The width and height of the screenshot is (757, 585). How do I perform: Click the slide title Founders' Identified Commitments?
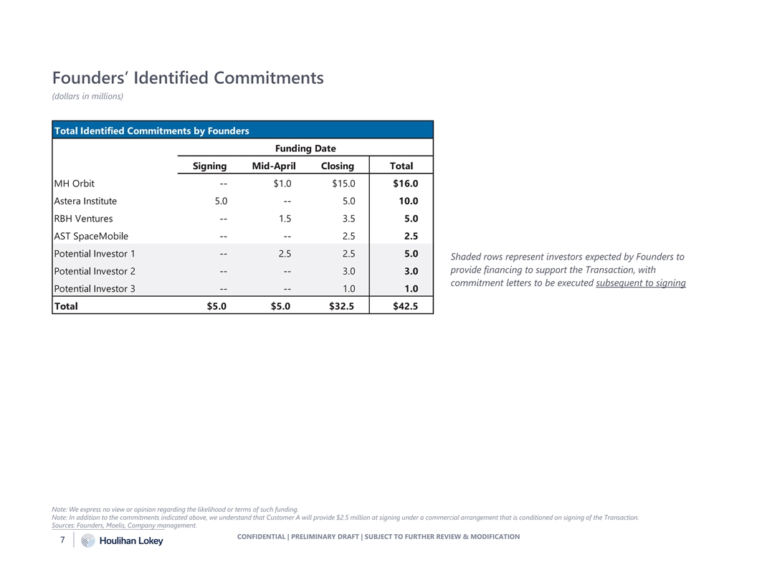point(188,77)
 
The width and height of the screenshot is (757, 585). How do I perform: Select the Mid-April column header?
point(274,166)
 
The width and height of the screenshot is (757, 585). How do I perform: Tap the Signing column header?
point(209,166)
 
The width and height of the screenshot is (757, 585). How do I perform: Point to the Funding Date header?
point(306,148)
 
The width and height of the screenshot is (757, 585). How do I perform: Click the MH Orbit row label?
point(75,184)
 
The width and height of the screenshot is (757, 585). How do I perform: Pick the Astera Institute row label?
point(85,201)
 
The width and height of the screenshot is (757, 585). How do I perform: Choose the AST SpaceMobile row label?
point(91,236)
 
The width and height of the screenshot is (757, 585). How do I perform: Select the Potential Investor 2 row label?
point(95,271)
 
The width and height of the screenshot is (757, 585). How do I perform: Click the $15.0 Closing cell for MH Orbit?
point(343,184)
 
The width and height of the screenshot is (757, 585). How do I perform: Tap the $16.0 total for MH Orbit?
point(405,184)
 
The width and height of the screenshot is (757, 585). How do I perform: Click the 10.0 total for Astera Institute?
point(408,201)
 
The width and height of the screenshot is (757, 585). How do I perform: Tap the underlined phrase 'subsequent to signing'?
point(640,283)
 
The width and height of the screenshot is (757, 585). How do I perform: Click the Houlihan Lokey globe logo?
point(88,541)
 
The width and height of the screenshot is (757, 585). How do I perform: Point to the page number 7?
point(63,539)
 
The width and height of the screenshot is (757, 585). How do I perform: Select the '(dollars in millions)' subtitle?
point(87,97)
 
